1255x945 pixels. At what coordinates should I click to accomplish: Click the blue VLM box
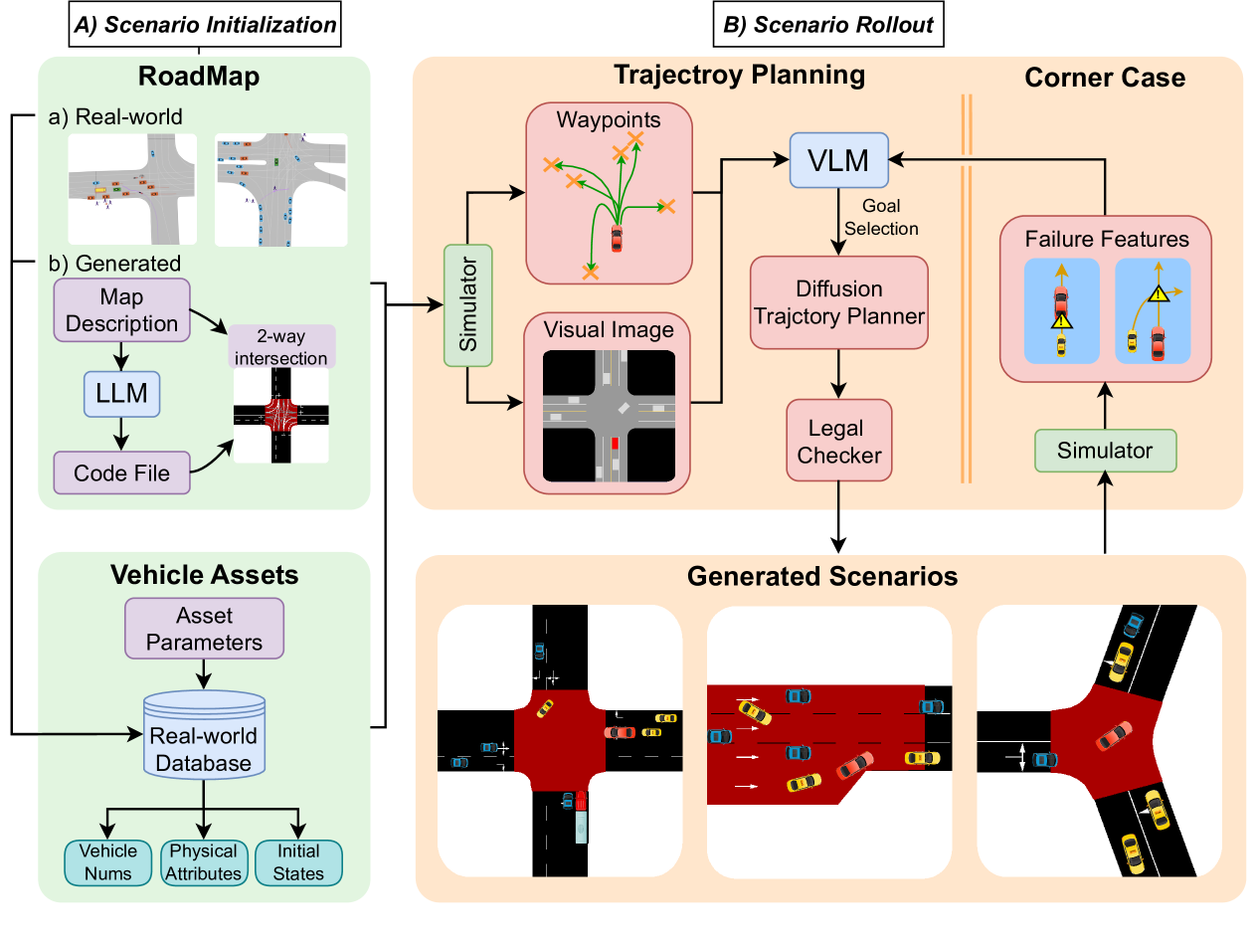839,159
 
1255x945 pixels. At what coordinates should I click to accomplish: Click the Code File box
122,472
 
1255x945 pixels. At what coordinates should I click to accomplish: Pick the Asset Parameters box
204,629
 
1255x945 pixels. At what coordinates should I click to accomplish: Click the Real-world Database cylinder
204,748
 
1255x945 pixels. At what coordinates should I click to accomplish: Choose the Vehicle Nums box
108,861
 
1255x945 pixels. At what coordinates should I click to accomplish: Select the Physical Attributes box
204,861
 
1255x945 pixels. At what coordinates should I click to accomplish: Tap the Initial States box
298,861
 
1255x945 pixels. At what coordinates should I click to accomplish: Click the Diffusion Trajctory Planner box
839,302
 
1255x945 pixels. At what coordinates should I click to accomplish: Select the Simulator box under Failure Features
1105,451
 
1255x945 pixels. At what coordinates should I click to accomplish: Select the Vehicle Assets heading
203,574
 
